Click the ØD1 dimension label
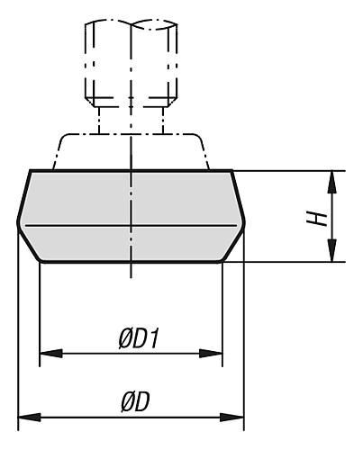[x=139, y=340]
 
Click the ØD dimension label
[x=135, y=402]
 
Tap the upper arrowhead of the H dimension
[x=331, y=182]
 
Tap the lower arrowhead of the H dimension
[x=331, y=251]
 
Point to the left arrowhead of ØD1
[x=51, y=354]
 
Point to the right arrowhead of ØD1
[x=211, y=354]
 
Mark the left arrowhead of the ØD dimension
[x=30, y=417]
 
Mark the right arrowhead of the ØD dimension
[x=232, y=417]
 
